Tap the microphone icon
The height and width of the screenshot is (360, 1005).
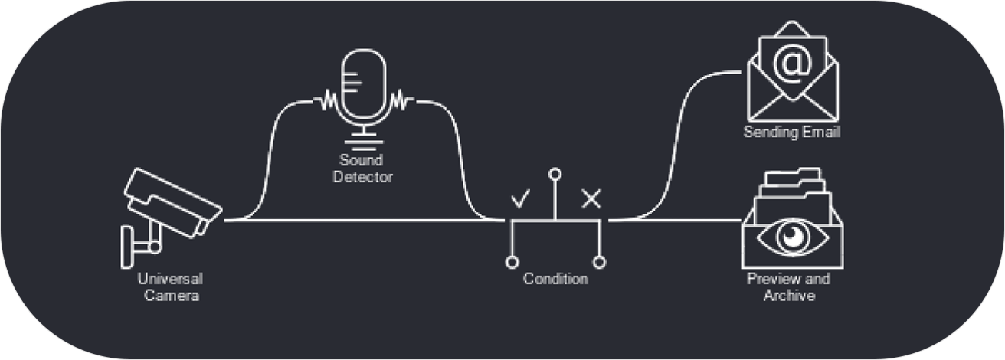coord(364,88)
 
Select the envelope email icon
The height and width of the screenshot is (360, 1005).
coord(793,77)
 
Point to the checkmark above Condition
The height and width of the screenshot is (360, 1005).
coord(520,200)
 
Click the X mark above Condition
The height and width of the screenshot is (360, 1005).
coord(591,200)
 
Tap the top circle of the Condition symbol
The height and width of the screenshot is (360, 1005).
coord(555,173)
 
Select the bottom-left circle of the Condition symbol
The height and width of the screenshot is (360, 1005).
coord(512,263)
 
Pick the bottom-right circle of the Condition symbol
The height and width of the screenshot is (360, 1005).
coord(600,263)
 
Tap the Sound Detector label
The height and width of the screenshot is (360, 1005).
coord(363,169)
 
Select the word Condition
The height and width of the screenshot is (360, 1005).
coord(555,280)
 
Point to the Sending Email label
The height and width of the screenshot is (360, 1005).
coord(792,133)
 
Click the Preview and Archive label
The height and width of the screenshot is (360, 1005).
coord(788,287)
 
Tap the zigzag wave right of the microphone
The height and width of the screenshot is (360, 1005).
coord(401,100)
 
